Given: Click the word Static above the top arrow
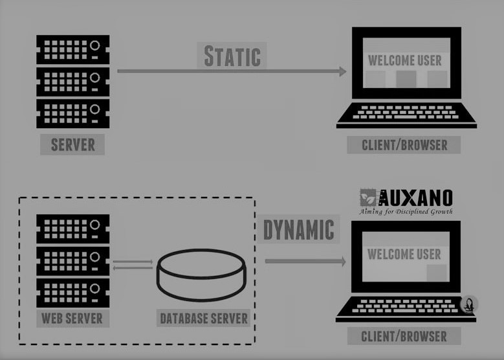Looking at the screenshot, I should [x=232, y=56].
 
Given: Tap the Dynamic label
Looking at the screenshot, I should [x=298, y=230].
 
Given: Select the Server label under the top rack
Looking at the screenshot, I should [x=72, y=144].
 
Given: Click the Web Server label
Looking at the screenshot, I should [x=72, y=318].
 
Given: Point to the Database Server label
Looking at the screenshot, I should [x=203, y=319].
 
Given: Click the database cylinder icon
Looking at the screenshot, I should [x=201, y=269].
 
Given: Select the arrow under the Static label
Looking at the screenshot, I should [x=232, y=71].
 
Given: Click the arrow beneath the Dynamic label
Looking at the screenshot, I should [x=305, y=261].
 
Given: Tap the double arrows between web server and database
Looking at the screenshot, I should [x=133, y=265].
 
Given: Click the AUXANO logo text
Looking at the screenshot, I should [x=415, y=197].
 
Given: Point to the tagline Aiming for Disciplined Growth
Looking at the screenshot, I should [x=406, y=211].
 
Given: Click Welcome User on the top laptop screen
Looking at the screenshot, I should [x=405, y=60].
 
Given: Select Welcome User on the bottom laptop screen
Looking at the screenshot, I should [x=404, y=254].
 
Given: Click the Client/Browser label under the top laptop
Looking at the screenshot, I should [x=405, y=144].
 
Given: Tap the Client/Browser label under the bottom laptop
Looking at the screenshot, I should [x=404, y=336].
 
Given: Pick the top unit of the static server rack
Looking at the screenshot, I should [x=72, y=49].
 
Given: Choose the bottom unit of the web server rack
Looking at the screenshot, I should [x=72, y=292].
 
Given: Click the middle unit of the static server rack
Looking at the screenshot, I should [x=72, y=81].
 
